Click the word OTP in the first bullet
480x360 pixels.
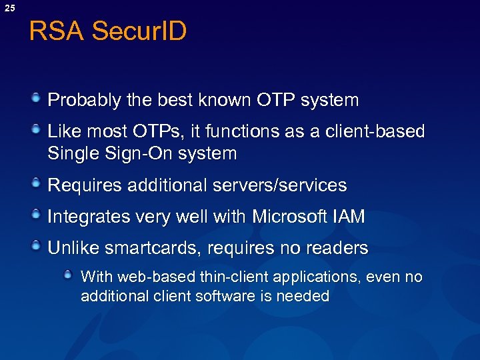pyautogui.click(x=275, y=101)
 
